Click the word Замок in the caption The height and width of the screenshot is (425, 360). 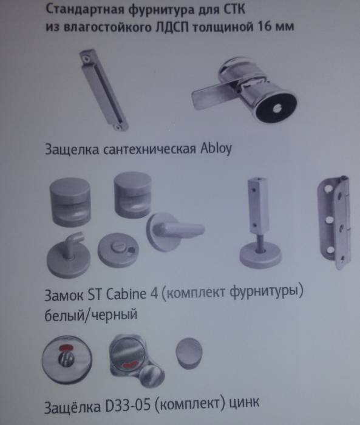click(64, 296)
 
